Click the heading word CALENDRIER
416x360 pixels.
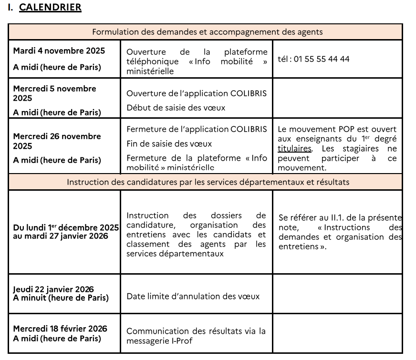pos(50,8)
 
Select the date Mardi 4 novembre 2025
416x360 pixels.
pos(59,51)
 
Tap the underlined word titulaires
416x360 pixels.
pos(294,149)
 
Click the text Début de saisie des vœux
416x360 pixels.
pos(176,108)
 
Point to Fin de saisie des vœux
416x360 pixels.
pos(169,144)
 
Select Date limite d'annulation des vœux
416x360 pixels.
pos(193,296)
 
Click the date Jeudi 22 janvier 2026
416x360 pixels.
pos(53,289)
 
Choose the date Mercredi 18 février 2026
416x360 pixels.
pos(60,329)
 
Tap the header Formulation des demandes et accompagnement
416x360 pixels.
pos(207,32)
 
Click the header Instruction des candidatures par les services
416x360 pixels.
pos(208,182)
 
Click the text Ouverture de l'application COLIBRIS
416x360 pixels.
pos(196,93)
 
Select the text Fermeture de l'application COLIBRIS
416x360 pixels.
pos(196,129)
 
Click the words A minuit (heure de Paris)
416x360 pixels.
pos(61,298)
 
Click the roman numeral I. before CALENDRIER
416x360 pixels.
pos(11,8)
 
